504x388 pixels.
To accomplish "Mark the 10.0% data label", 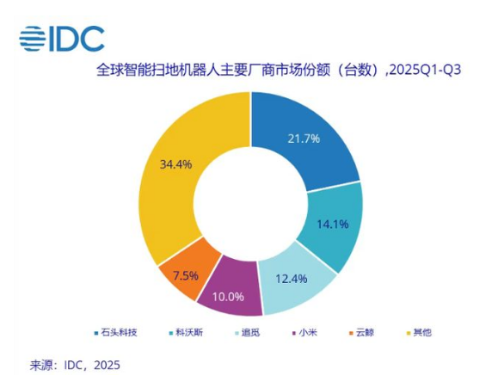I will pyautogui.click(x=229, y=296).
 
